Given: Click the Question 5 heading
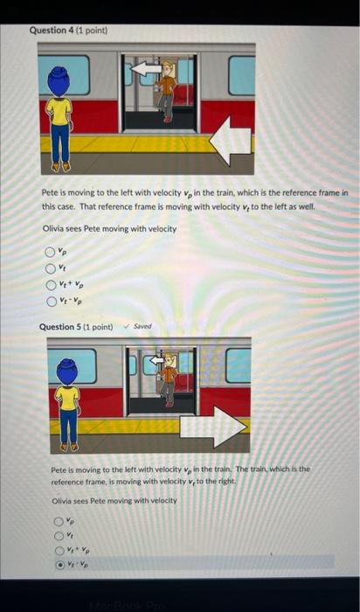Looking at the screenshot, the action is click(76, 327).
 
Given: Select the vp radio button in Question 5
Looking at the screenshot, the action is click(58, 521).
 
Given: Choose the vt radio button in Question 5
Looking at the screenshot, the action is click(58, 535).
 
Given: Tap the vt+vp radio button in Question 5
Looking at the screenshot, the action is click(58, 550).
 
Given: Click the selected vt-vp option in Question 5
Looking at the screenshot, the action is click(58, 565).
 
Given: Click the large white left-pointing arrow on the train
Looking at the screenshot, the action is click(230, 139).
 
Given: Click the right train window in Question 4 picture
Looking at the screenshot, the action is click(241, 76).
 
